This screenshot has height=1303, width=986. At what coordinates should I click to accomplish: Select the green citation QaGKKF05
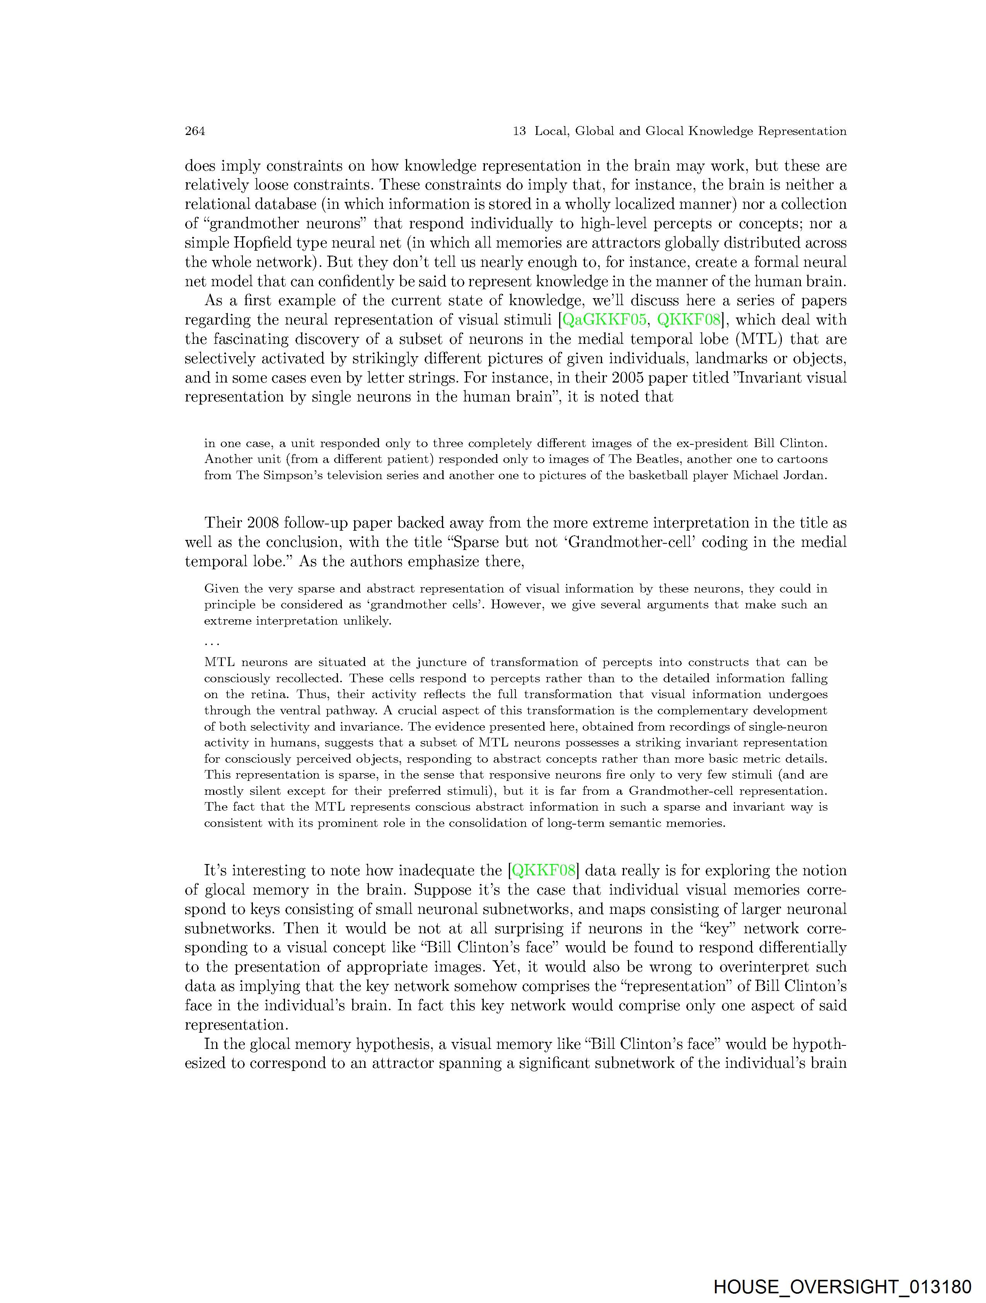pyautogui.click(x=605, y=320)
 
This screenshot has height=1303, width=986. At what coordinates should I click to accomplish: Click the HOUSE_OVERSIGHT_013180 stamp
pyautogui.click(x=842, y=1286)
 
